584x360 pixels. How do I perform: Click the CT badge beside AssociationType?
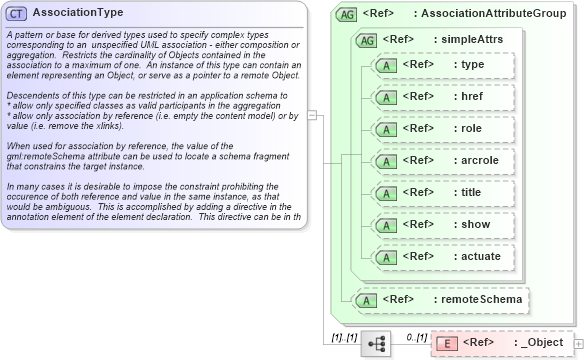(x=18, y=13)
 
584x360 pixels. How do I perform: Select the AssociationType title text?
(x=78, y=13)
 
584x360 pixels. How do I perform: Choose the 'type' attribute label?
(x=472, y=64)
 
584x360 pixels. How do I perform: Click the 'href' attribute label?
(x=472, y=96)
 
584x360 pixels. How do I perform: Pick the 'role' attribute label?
(x=471, y=128)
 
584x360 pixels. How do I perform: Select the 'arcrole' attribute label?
(x=478, y=160)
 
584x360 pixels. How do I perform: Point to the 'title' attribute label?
(x=472, y=192)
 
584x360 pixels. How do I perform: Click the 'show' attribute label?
(x=473, y=224)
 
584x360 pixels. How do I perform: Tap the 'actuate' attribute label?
(x=479, y=256)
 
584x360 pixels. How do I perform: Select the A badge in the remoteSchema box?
(x=367, y=298)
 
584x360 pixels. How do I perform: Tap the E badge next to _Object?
(x=448, y=343)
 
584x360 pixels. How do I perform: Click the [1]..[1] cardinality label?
(x=344, y=336)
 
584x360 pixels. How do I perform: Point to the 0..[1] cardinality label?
(x=416, y=336)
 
